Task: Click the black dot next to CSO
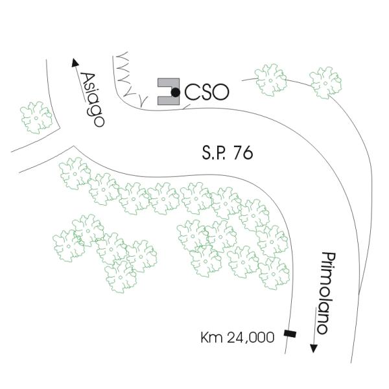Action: pyautogui.click(x=175, y=93)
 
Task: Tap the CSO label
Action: pyautogui.click(x=207, y=93)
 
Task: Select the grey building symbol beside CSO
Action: pyautogui.click(x=167, y=93)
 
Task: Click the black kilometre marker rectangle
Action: pyautogui.click(x=289, y=335)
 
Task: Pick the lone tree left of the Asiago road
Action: pyautogui.click(x=36, y=117)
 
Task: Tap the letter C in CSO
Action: pyautogui.click(x=192, y=93)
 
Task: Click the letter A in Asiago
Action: pyautogui.click(x=84, y=79)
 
